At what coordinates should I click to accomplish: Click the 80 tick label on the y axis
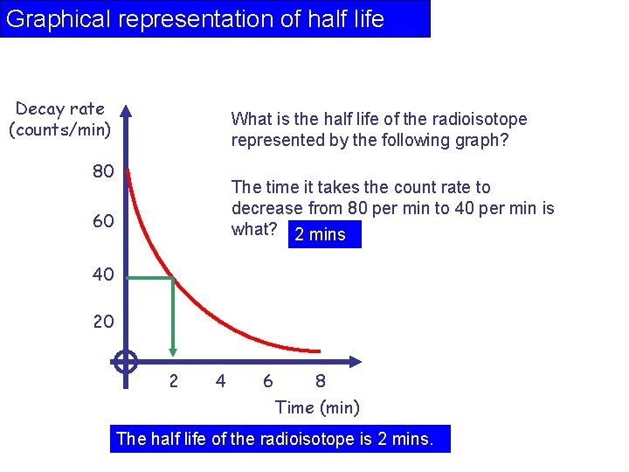tap(103, 171)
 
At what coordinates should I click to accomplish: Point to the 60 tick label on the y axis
tap(103, 221)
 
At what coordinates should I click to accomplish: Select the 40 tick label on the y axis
tap(103, 274)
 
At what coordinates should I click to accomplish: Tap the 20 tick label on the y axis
tap(103, 322)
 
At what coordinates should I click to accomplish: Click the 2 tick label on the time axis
tap(173, 381)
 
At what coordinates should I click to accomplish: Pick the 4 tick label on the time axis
tap(220, 381)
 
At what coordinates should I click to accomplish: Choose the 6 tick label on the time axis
tap(267, 381)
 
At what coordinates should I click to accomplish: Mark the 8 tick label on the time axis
tap(321, 381)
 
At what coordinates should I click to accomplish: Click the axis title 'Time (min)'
tap(317, 407)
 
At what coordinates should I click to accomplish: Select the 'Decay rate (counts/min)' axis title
tap(60, 120)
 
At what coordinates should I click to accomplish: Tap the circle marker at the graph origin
tap(126, 361)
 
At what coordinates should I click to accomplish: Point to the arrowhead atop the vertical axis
tap(126, 111)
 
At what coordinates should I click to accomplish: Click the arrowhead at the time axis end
tap(355, 361)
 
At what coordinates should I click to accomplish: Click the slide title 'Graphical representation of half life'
tap(196, 19)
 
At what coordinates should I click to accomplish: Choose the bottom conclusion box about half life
tap(280, 439)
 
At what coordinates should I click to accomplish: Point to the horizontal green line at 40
tap(149, 278)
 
